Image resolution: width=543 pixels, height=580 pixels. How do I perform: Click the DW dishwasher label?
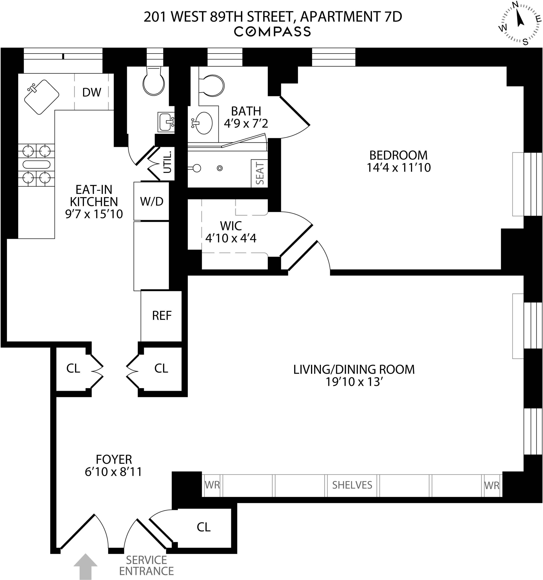pyautogui.click(x=92, y=93)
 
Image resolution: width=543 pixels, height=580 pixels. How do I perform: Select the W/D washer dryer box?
pyautogui.click(x=151, y=201)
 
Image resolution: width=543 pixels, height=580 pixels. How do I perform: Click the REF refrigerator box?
pyautogui.click(x=162, y=316)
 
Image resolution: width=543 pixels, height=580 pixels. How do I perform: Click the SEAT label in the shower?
pyautogui.click(x=260, y=174)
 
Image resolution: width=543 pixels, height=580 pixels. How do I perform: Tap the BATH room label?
pyautogui.click(x=246, y=111)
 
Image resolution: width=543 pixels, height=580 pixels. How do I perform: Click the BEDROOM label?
pyautogui.click(x=398, y=155)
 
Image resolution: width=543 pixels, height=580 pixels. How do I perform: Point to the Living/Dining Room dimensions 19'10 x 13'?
pyautogui.click(x=354, y=382)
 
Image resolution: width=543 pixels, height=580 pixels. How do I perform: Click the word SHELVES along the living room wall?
pyautogui.click(x=352, y=485)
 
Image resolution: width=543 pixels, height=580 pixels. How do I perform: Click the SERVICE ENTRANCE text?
pyautogui.click(x=146, y=565)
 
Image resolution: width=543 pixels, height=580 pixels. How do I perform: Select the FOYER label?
pyautogui.click(x=114, y=459)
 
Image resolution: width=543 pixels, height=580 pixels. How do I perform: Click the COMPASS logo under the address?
pyautogui.click(x=272, y=32)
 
